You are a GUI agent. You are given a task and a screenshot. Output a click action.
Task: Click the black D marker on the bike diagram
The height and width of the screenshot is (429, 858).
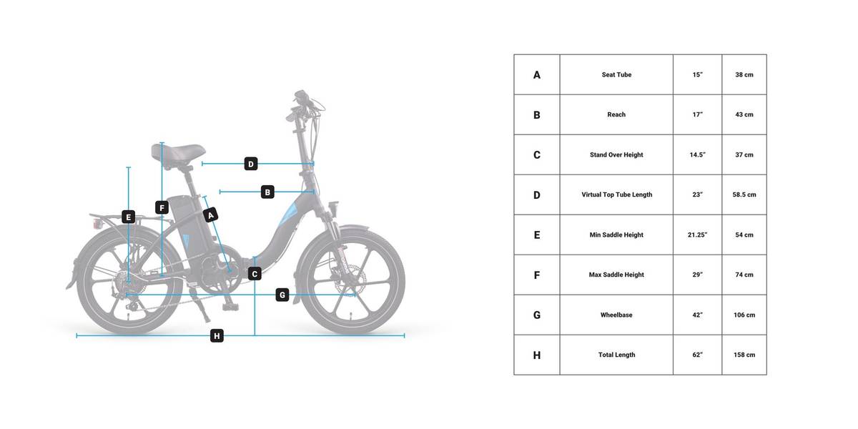click(251, 164)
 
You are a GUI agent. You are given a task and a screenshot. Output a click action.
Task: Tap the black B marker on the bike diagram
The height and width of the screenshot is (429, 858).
click(267, 192)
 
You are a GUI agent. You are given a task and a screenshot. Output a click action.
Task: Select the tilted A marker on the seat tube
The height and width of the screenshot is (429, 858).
click(210, 215)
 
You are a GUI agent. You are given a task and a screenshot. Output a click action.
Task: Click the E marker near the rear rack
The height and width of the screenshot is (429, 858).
click(128, 217)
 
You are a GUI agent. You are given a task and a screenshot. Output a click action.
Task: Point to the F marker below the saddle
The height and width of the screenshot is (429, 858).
click(162, 207)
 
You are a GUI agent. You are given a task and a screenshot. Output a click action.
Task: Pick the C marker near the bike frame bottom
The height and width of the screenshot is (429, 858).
click(255, 274)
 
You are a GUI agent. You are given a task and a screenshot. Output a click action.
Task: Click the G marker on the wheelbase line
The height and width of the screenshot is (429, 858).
click(282, 295)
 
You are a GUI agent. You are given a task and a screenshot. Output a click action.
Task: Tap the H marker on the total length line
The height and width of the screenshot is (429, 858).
click(217, 336)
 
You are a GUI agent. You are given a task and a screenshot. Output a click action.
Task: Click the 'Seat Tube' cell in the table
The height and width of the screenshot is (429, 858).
click(616, 74)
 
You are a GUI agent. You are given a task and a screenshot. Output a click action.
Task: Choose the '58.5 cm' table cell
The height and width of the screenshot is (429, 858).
click(744, 194)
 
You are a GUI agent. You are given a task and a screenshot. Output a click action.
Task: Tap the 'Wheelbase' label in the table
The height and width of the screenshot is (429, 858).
click(616, 315)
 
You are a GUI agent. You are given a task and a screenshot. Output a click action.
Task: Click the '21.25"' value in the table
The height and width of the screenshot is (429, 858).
click(698, 235)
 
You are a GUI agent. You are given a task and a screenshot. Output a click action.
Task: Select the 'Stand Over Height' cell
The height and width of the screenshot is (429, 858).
click(616, 154)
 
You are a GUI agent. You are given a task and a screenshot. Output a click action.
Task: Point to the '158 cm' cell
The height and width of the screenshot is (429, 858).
click(744, 355)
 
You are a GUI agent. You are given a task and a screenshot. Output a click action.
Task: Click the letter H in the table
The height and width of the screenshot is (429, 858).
click(537, 355)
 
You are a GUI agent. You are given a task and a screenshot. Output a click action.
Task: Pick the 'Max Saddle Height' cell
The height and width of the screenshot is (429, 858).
click(616, 275)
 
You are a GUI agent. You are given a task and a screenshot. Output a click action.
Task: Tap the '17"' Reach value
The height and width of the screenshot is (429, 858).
click(698, 114)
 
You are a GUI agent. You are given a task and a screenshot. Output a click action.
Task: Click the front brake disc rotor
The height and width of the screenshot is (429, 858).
click(349, 280)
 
